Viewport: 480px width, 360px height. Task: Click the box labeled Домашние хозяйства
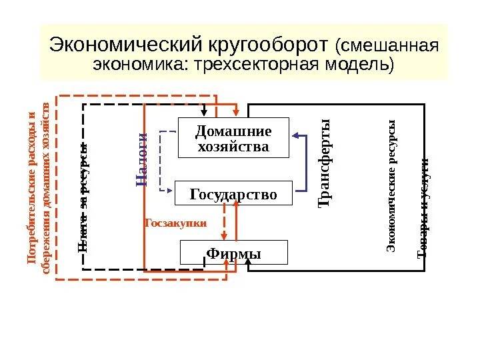click(233, 137)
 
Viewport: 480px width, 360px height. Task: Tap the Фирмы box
click(234, 253)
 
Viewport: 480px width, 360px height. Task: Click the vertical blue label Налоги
click(141, 159)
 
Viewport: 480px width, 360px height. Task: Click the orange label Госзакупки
click(176, 223)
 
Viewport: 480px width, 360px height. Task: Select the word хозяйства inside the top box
click(233, 145)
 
